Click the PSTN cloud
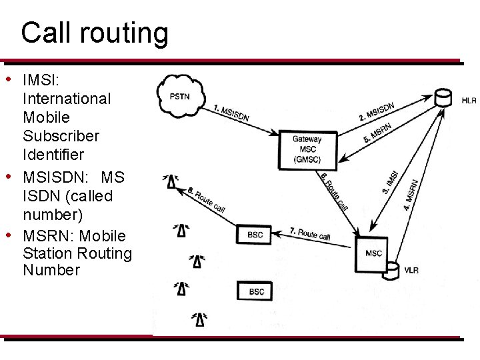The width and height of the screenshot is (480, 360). (180, 97)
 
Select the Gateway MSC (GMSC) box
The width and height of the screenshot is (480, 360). (307, 149)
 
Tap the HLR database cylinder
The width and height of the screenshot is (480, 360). (441, 97)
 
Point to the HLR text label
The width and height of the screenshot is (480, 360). (469, 101)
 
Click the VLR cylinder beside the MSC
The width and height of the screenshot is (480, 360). (393, 270)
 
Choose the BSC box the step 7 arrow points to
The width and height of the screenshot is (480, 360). (255, 235)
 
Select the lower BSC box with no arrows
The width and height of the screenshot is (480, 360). (256, 291)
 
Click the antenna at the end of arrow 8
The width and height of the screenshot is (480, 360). (172, 180)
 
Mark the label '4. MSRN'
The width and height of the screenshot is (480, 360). (411, 194)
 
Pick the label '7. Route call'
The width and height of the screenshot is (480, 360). (310, 233)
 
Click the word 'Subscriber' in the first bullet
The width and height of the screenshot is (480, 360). (61, 136)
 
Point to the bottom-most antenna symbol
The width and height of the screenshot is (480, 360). (199, 319)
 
